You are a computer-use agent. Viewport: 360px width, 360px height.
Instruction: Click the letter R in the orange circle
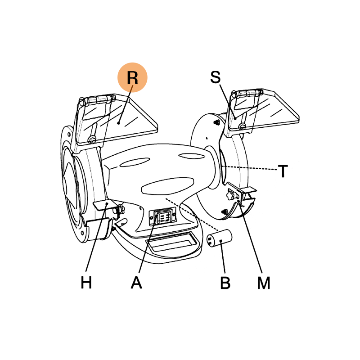[132, 77]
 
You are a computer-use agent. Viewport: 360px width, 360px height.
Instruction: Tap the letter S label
[216, 77]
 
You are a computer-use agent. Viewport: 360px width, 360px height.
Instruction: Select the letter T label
[283, 171]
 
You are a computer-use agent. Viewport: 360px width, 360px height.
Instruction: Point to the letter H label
[86, 283]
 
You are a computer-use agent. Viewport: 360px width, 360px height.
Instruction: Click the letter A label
[137, 283]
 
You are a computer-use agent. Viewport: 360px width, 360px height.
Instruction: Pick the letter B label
[225, 283]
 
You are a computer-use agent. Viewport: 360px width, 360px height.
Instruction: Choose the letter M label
[264, 283]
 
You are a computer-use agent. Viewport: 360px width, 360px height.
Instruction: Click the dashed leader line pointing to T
[252, 169]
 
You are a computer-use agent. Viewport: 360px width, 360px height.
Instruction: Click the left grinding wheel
[72, 184]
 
